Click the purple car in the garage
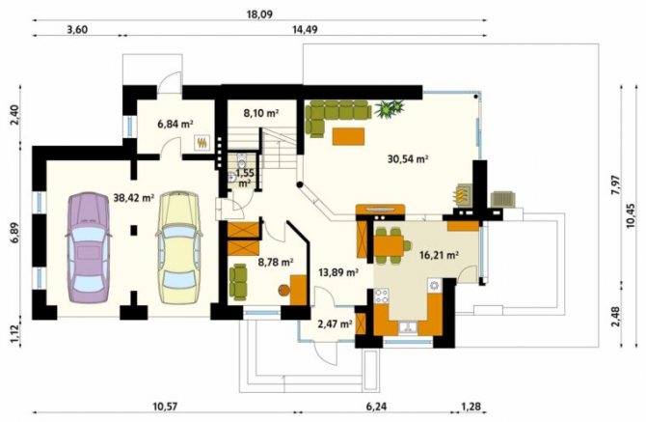[x=88, y=247]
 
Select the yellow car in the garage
[x=178, y=247]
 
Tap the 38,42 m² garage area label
[x=133, y=198]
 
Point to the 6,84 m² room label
[x=175, y=124]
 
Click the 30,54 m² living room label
[x=408, y=158]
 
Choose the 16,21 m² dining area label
[x=439, y=255]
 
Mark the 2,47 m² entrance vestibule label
[x=335, y=324]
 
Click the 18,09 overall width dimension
[x=259, y=14]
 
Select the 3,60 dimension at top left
[x=77, y=30]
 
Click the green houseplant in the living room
[x=389, y=108]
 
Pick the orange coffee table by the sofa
[x=348, y=136]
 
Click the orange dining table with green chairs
[x=389, y=245]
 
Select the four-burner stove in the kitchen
[x=381, y=295]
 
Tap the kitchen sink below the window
[x=408, y=327]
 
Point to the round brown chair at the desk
[x=283, y=291]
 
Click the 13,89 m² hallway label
[x=338, y=272]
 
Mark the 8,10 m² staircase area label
[x=261, y=113]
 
